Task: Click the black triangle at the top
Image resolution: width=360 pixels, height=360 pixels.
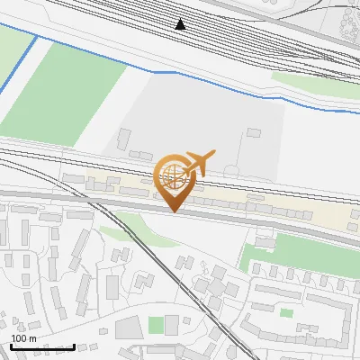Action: coord(181,24)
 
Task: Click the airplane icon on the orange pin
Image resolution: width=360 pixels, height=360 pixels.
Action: coord(197,163)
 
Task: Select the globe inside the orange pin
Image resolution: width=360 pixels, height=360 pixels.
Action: coord(174,177)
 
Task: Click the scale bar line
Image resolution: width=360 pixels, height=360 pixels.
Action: coord(42,346)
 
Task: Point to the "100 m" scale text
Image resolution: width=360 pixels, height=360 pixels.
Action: coord(23,338)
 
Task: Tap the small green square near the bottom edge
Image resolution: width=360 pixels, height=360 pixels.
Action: coord(157,324)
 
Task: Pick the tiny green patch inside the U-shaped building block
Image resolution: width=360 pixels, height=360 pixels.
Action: coord(286,312)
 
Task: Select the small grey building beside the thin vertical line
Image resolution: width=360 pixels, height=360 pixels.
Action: coord(253,133)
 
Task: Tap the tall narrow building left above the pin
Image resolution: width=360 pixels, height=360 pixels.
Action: coord(122,139)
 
